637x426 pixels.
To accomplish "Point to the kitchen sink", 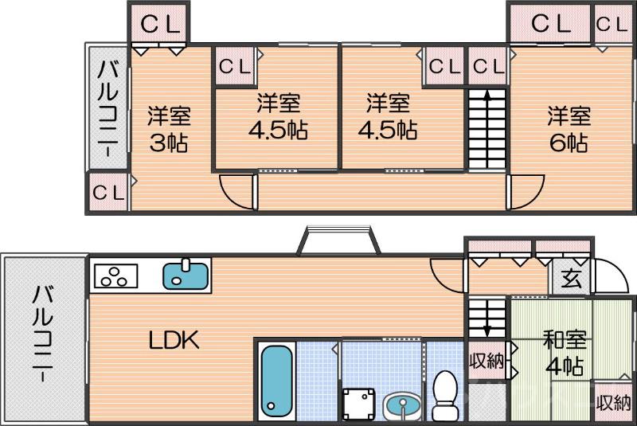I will pos(186,276).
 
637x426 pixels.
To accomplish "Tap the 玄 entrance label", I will pos(570,279).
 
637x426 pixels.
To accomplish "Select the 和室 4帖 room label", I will pos(565,352).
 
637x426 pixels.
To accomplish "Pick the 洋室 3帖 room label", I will pos(168,129).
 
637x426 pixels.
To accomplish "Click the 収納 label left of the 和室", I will pos(486,362).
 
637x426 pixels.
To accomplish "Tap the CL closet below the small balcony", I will pos(107,192).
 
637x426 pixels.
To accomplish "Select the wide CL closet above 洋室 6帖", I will pos(551,23).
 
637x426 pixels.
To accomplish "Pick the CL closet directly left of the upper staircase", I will pos(444,67).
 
